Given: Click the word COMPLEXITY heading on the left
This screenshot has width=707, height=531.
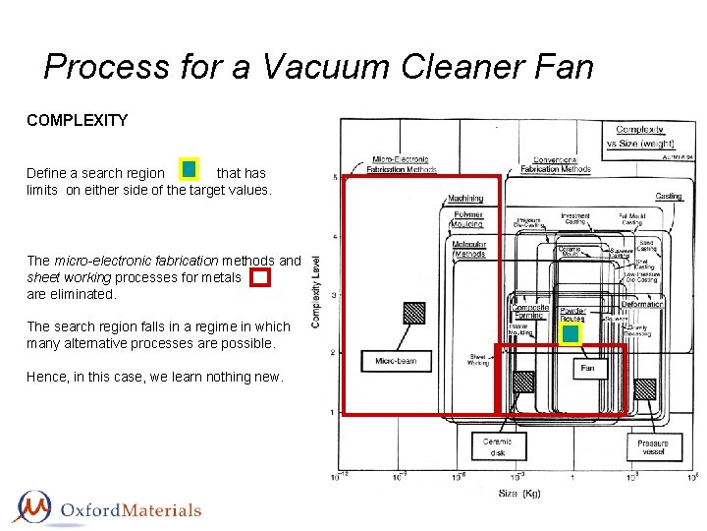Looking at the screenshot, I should tap(77, 121).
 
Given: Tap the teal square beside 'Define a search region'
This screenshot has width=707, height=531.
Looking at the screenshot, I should tap(189, 170).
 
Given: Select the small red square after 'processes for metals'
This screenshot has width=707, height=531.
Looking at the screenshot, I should tap(259, 277).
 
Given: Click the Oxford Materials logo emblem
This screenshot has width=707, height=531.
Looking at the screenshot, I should tap(35, 507).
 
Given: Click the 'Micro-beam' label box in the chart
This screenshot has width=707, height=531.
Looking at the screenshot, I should tap(396, 361).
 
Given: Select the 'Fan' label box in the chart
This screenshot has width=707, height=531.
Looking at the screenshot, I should tap(587, 369).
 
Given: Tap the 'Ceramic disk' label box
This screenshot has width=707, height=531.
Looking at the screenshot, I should tap(498, 447).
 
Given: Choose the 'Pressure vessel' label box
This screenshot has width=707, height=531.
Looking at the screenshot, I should tap(653, 447).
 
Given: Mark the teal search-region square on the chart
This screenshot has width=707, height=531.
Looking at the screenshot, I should tap(571, 334).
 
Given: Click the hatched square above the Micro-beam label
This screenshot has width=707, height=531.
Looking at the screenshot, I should tap(414, 313).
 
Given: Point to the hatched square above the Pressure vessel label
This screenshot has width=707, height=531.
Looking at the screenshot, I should tap(644, 388).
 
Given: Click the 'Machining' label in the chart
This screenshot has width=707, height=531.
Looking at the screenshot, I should tap(466, 199).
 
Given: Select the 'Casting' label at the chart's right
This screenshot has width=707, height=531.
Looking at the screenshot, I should tap(669, 197).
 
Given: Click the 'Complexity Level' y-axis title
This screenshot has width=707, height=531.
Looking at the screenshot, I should tap(316, 293).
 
